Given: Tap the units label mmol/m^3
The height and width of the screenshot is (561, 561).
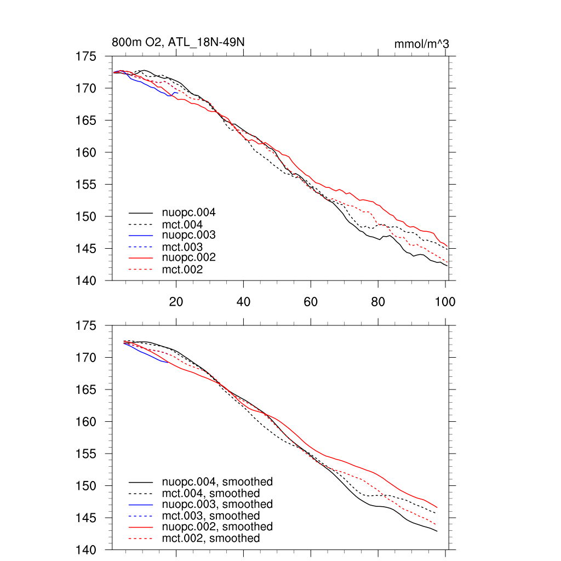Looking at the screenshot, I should pyautogui.click(x=422, y=44).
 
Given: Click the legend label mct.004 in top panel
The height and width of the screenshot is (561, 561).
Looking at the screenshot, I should pyautogui.click(x=182, y=225).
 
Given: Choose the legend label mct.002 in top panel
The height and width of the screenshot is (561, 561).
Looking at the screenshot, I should pyautogui.click(x=182, y=270).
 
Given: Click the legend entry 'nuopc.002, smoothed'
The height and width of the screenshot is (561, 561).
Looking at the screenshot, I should pyautogui.click(x=217, y=526).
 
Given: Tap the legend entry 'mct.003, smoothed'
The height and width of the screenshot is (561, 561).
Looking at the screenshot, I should pyautogui.click(x=211, y=516).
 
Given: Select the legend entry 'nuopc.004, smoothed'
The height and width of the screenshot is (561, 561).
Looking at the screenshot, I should pyautogui.click(x=217, y=482).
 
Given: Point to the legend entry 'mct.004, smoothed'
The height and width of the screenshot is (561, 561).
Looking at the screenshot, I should pyautogui.click(x=211, y=494).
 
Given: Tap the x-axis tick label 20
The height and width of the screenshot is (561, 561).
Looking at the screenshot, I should pyautogui.click(x=176, y=301).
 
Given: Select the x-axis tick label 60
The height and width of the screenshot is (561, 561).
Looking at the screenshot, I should pyautogui.click(x=311, y=301).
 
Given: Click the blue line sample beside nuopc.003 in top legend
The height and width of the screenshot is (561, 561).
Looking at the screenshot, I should pyautogui.click(x=141, y=235).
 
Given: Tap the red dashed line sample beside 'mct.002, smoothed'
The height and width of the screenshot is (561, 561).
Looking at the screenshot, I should pyautogui.click(x=141, y=539).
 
